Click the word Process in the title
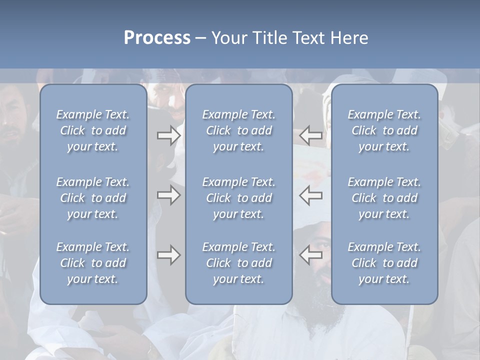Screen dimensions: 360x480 coord(157,38)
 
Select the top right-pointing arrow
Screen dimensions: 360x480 coord(168,135)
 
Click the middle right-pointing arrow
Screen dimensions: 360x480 coord(168,195)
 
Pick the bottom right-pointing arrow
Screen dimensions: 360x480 coord(168,255)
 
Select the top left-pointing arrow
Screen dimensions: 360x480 coord(311,135)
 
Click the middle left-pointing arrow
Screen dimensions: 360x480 coord(311,195)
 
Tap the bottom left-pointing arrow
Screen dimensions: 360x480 coord(311,255)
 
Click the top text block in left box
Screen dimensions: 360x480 coord(93,130)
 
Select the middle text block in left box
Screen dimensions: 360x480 coord(93,198)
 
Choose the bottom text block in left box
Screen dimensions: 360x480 coord(93,263)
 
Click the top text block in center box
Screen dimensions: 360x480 coord(238,130)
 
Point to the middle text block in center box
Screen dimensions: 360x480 coord(238,198)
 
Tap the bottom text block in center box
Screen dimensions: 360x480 coord(238,263)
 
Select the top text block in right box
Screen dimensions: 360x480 coord(384,130)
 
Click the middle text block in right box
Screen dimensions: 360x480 coord(384,198)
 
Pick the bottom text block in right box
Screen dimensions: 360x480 coord(384,263)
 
